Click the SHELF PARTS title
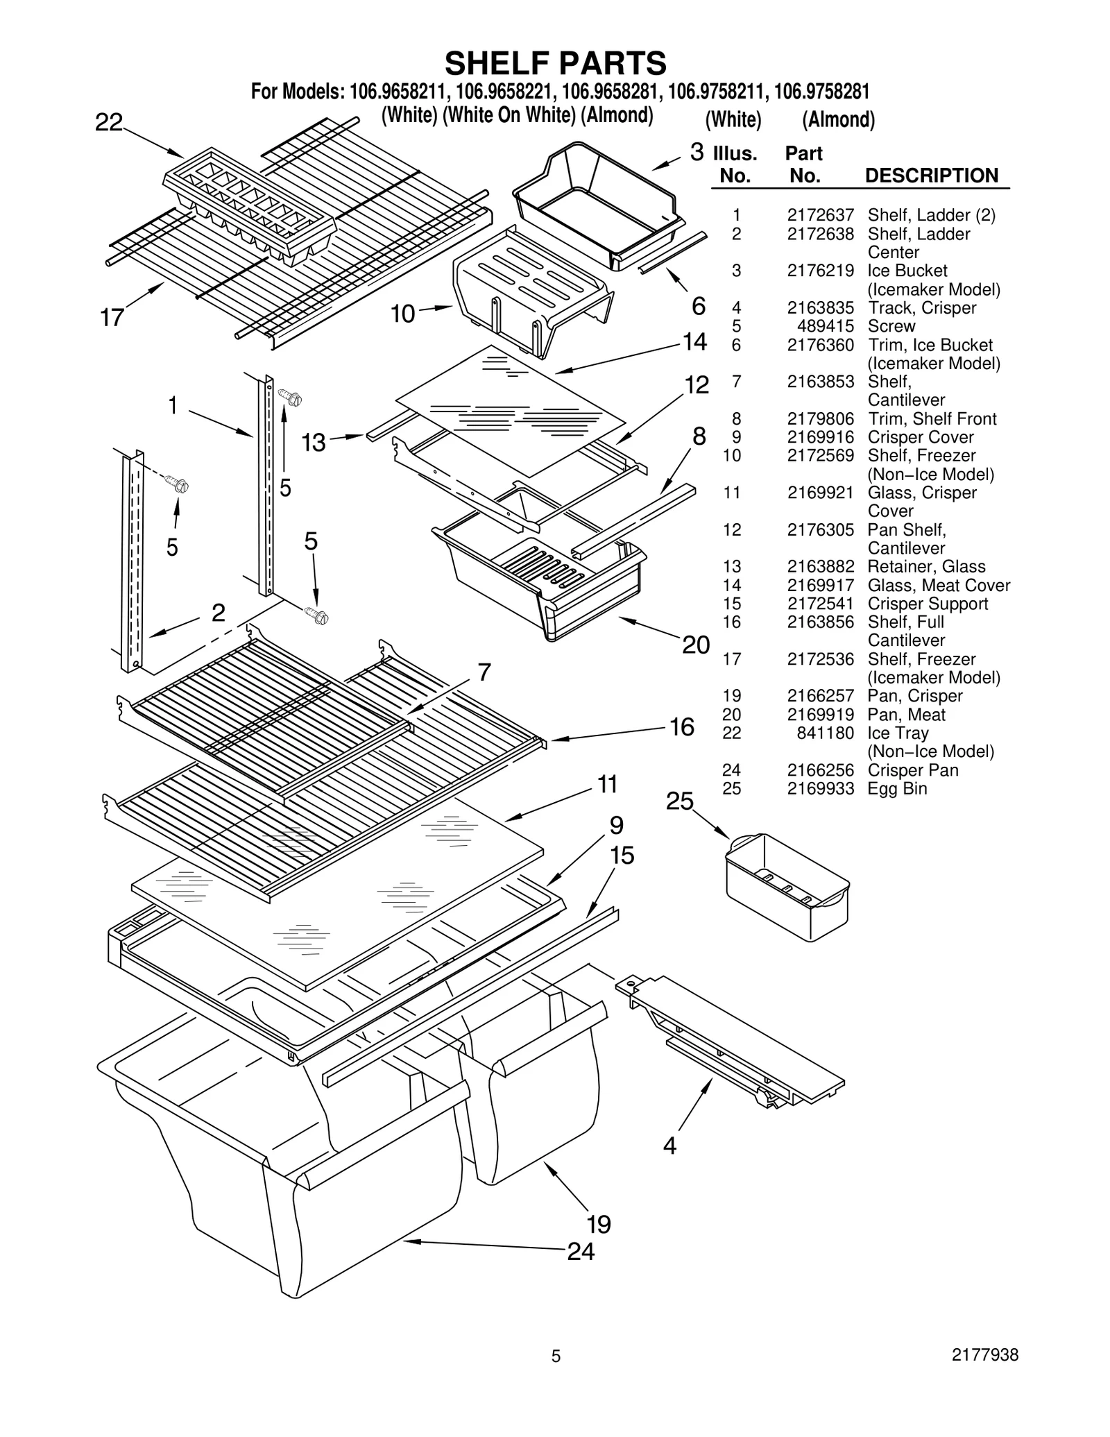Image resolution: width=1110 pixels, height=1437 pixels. tap(555, 63)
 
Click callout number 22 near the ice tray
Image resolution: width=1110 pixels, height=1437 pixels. tap(109, 123)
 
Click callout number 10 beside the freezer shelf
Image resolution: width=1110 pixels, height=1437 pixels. tap(402, 314)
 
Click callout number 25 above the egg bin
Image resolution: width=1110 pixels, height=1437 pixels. tap(679, 801)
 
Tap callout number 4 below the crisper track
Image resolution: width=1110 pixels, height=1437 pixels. tap(669, 1145)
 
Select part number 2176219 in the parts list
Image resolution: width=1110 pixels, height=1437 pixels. tap(820, 271)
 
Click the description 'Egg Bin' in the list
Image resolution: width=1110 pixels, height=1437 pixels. tap(896, 789)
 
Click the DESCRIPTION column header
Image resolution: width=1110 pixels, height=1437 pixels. tap(931, 176)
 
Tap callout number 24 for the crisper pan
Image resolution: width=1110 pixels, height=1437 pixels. tap(581, 1251)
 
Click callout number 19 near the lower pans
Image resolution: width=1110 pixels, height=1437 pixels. tap(598, 1223)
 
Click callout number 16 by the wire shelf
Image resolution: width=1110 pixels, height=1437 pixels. tap(681, 726)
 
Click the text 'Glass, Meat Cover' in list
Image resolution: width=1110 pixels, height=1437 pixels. tap(938, 585)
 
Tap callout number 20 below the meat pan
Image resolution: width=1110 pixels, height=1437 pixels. tap(696, 645)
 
